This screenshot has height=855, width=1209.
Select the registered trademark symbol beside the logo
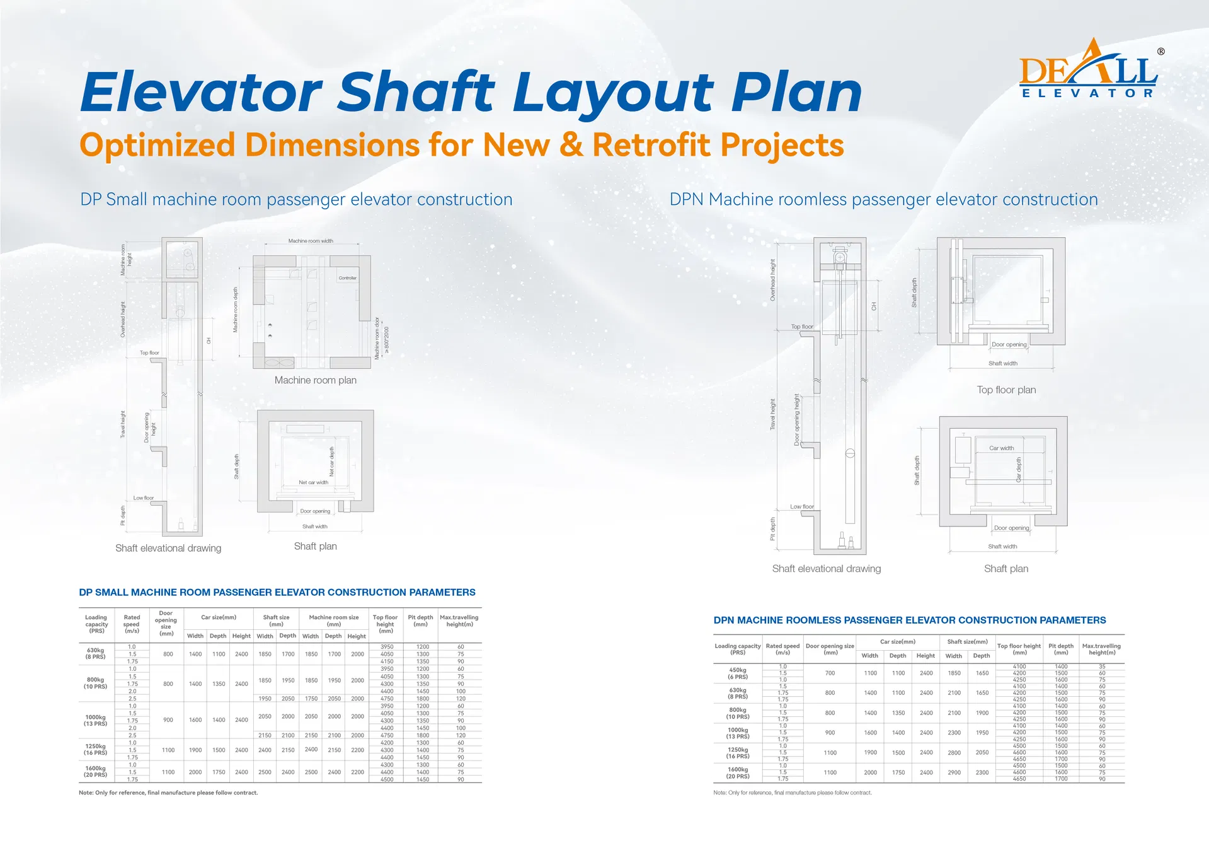[1160, 52]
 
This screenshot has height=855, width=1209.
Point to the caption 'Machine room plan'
[315, 380]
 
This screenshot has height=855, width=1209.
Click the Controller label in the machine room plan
[347, 278]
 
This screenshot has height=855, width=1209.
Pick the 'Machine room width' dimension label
[311, 241]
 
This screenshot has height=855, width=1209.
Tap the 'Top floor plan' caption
[1006, 390]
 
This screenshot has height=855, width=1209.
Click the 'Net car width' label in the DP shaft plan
[313, 482]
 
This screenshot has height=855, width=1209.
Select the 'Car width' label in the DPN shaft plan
[1001, 448]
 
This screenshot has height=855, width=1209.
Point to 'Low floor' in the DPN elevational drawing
[802, 506]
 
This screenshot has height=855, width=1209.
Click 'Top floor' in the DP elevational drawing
[149, 353]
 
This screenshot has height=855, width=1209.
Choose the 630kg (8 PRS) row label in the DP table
[96, 653]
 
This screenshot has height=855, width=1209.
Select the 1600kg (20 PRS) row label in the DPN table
[738, 772]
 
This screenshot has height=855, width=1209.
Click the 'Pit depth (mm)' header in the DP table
[420, 620]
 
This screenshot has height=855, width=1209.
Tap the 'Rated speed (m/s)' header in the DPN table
[782, 649]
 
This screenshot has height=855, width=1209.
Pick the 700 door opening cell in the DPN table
[830, 673]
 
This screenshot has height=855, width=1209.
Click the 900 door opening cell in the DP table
[168, 720]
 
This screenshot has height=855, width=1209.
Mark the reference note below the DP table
[168, 793]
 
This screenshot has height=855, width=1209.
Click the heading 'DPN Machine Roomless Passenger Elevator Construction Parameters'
[909, 620]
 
